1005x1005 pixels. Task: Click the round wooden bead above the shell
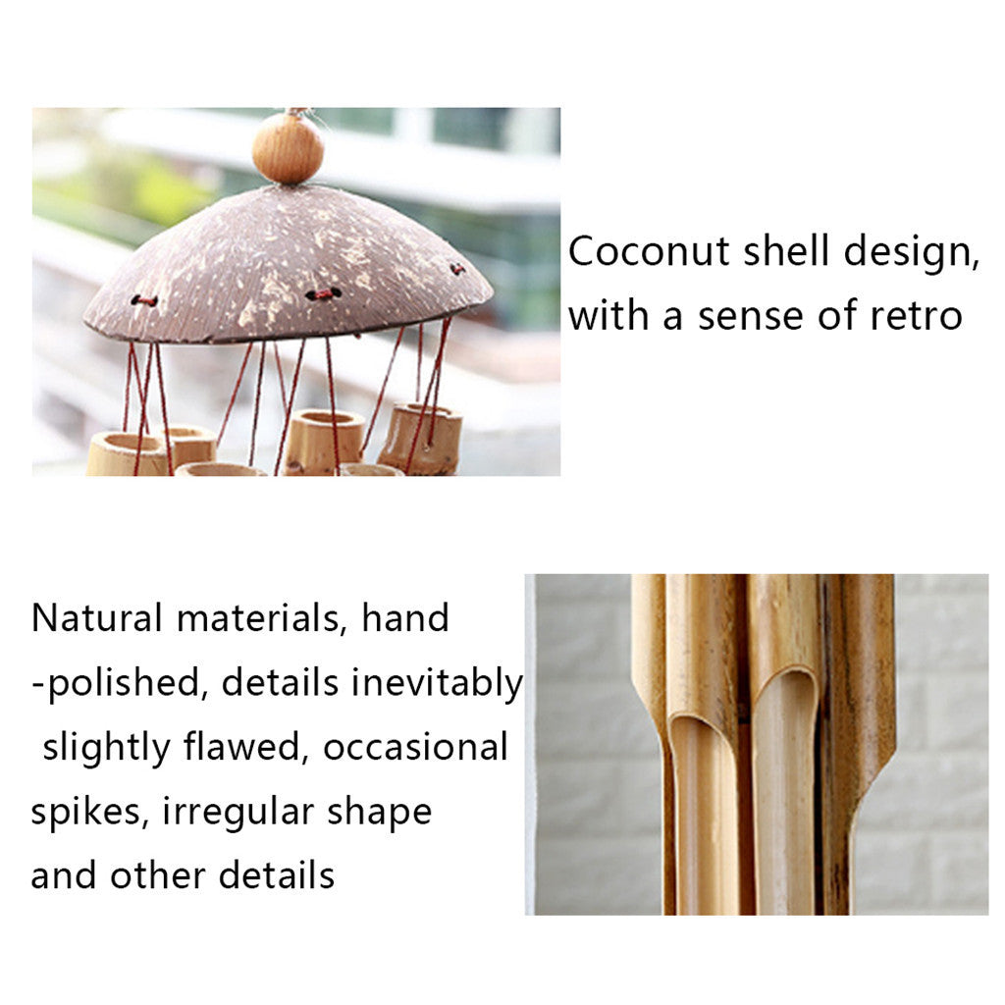tap(288, 148)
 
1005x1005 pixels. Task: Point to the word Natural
tap(97, 618)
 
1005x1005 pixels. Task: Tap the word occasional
tap(415, 748)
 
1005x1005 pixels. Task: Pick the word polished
tap(125, 684)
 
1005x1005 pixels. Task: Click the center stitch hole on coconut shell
tap(323, 293)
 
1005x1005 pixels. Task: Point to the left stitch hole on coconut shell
tap(144, 300)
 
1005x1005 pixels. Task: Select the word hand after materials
tap(404, 618)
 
